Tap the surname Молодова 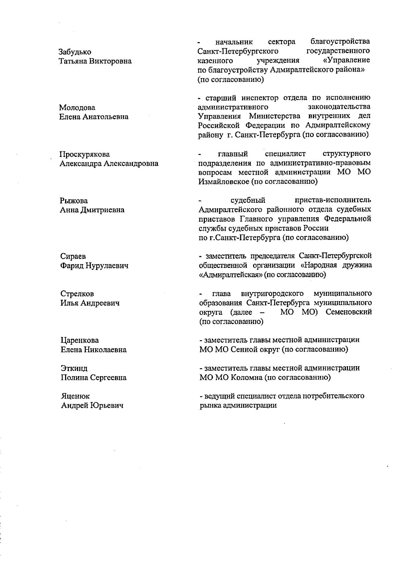(x=77, y=108)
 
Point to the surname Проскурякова (x=85, y=154)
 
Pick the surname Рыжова (x=74, y=201)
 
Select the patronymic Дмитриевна (x=102, y=210)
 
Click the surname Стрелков (x=77, y=294)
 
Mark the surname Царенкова (x=79, y=341)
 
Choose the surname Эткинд (x=74, y=369)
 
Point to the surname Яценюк (x=75, y=396)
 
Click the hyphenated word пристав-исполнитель (x=332, y=200)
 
